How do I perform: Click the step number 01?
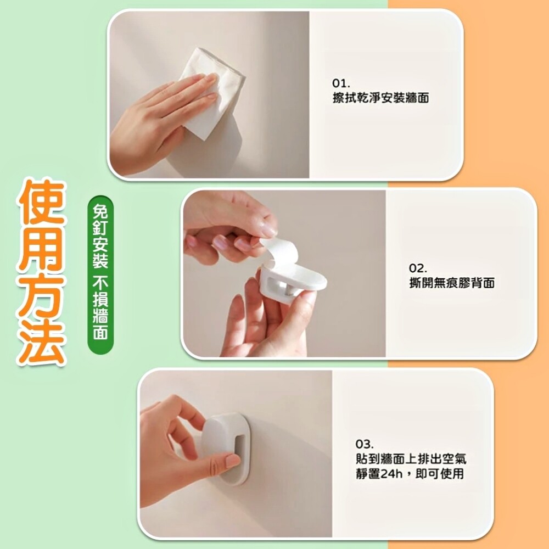pos(341,83)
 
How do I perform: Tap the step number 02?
pos(418,268)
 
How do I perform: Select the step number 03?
pos(365,444)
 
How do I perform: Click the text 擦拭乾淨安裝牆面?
pos(380,98)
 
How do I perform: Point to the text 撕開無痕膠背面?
pos(452,283)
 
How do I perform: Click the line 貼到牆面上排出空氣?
pos(411,459)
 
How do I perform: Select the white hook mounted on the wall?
pos(225,449)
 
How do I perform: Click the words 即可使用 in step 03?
pos(439,474)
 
